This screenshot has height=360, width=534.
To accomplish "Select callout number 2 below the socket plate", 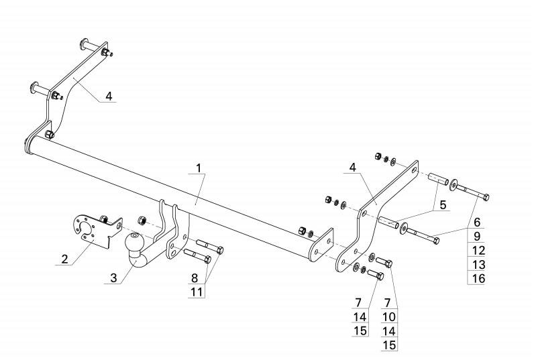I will pyautogui.click(x=65, y=259).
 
